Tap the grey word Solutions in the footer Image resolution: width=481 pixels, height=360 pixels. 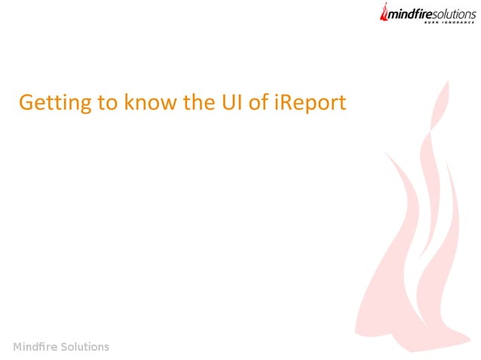pyautogui.click(x=86, y=346)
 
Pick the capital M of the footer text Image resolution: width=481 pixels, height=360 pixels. pyautogui.click(x=18, y=346)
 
